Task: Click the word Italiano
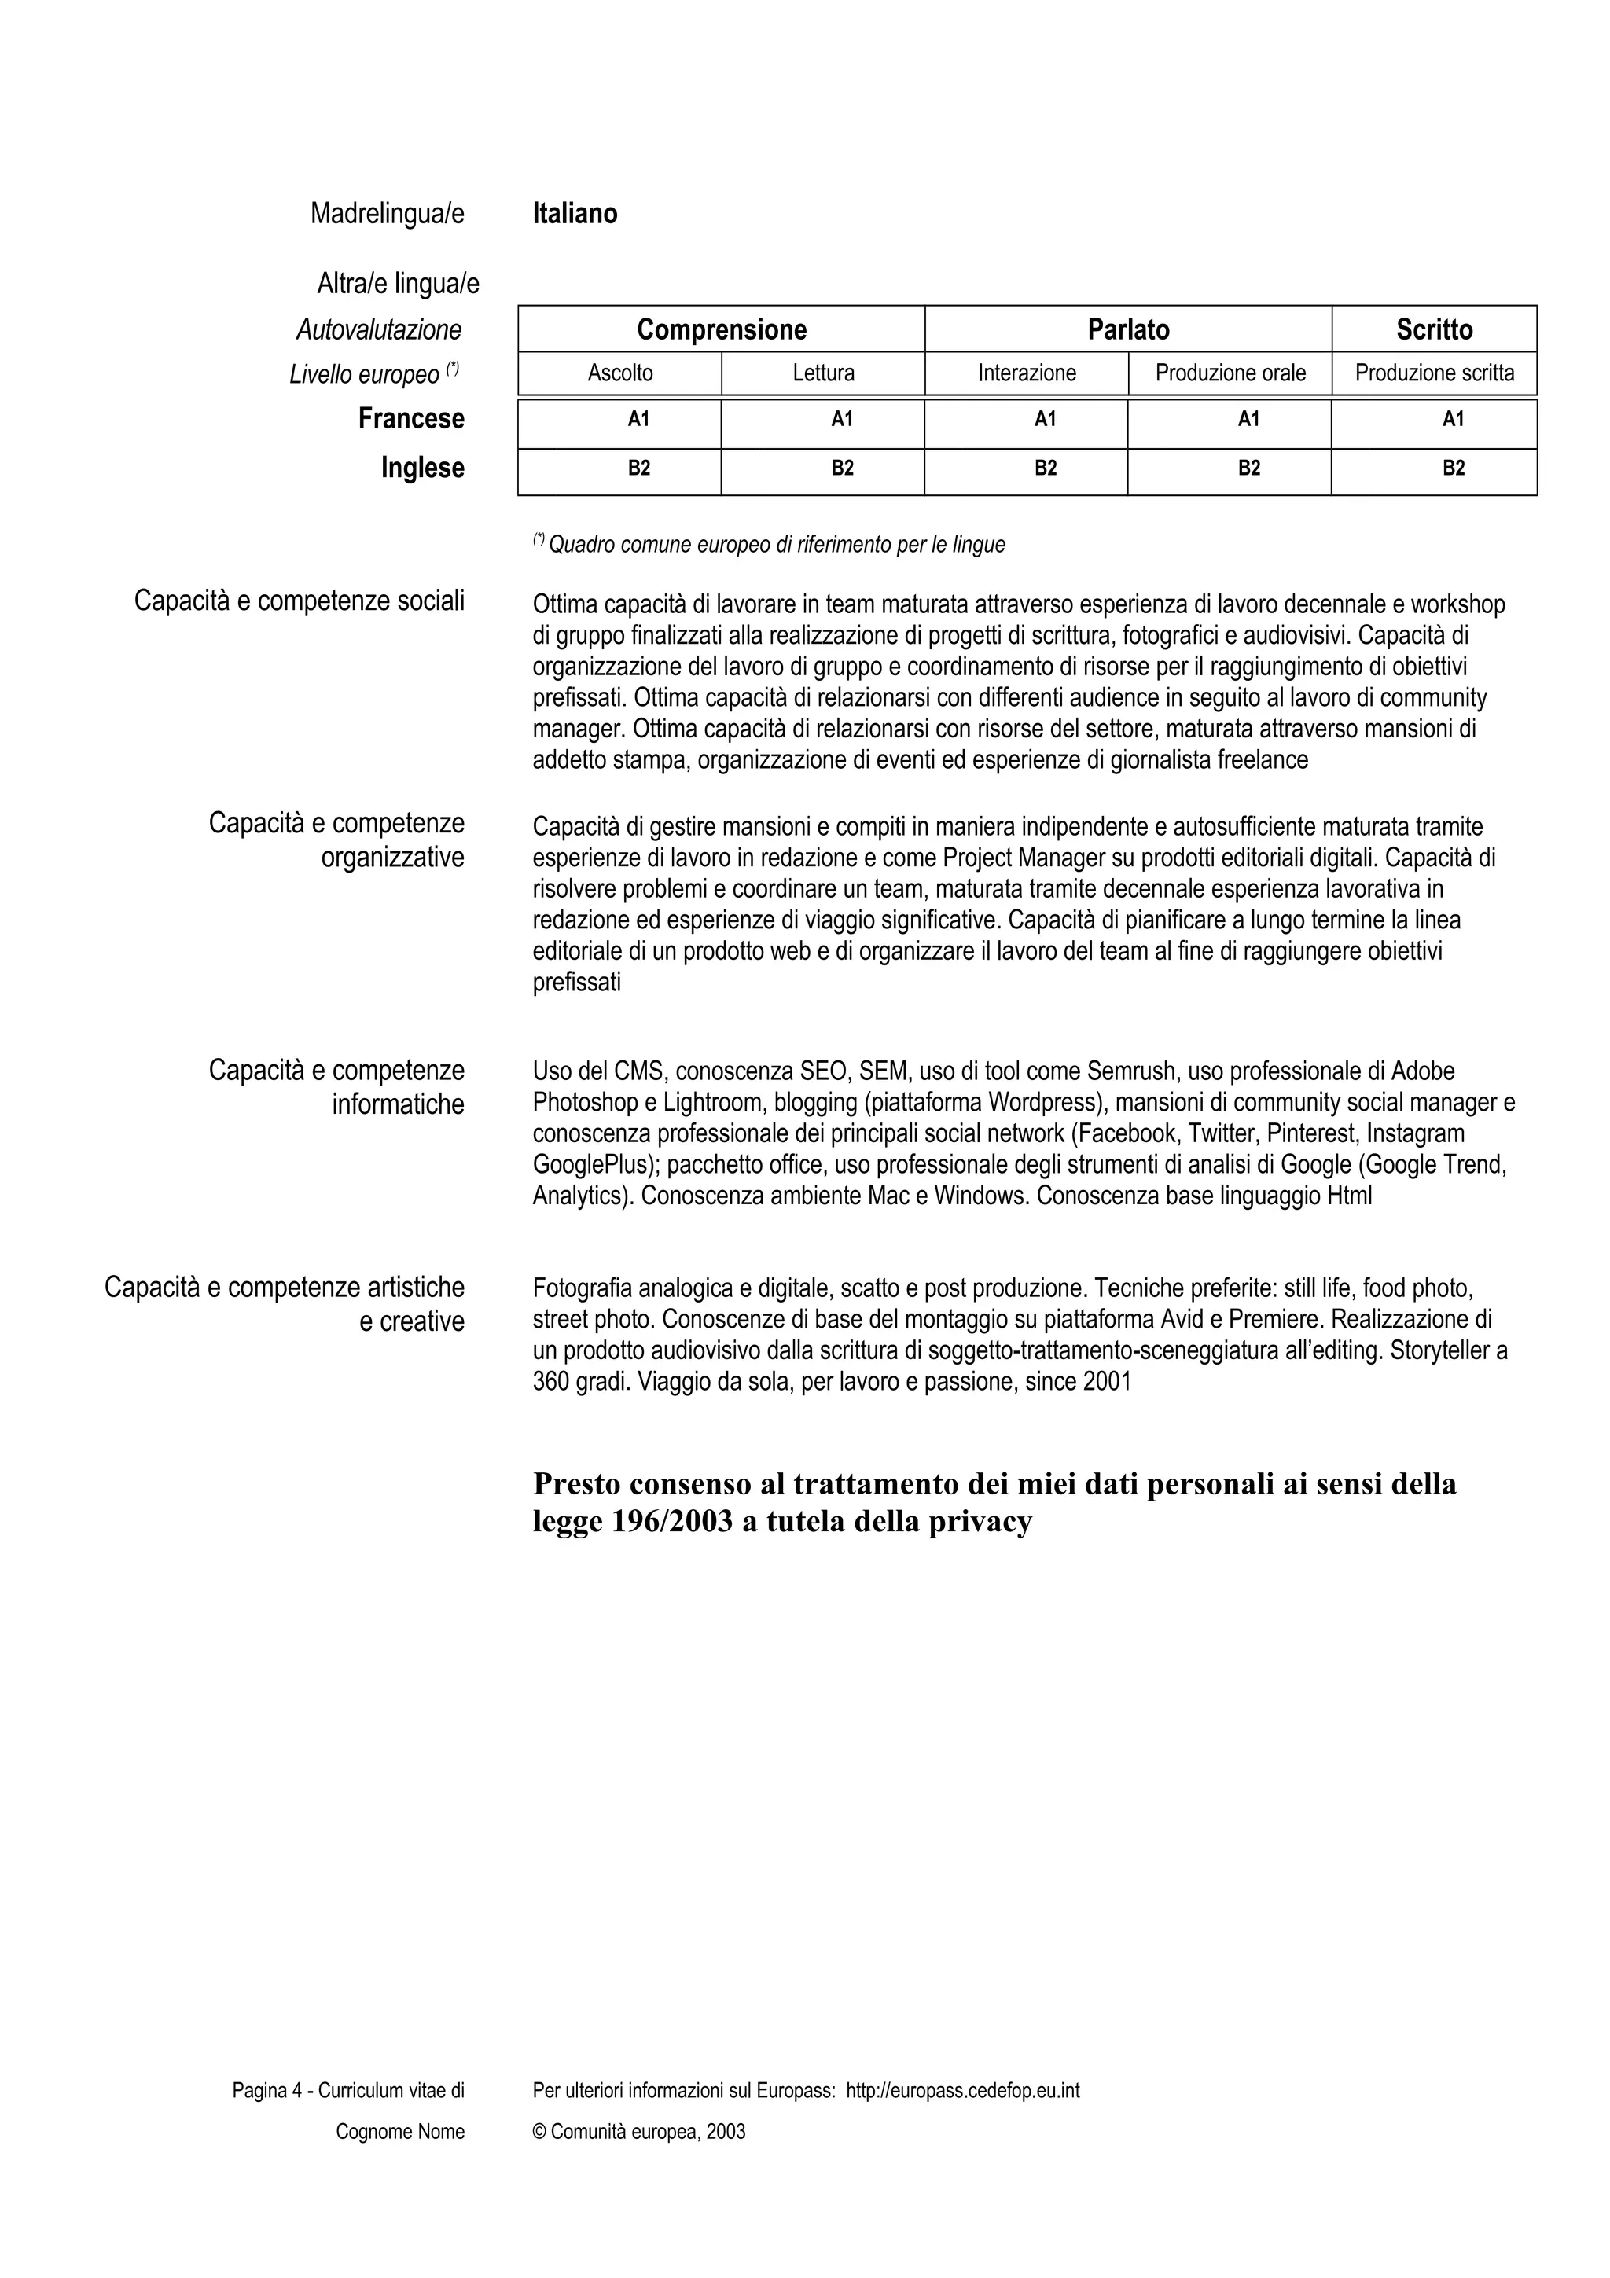tap(575, 213)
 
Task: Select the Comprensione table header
tap(721, 329)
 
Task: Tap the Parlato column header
tap(1128, 329)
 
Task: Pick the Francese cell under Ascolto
tap(639, 420)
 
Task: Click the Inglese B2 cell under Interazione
tap(1046, 468)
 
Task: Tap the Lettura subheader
tap(822, 373)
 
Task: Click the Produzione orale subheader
tap(1230, 373)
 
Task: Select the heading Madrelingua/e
tap(387, 213)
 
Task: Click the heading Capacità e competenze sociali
tap(299, 601)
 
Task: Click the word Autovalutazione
tap(379, 329)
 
